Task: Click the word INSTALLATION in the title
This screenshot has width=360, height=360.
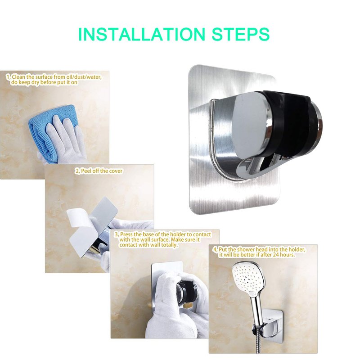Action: [141, 34]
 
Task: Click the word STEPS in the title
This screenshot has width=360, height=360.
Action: [240, 34]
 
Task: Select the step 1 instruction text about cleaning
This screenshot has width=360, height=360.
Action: [54, 80]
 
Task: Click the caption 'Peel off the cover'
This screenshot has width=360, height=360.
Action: [99, 171]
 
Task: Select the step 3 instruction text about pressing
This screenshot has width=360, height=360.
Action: [163, 239]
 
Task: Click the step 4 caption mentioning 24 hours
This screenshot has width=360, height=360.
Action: [259, 252]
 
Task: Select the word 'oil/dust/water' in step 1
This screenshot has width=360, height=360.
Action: [85, 77]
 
